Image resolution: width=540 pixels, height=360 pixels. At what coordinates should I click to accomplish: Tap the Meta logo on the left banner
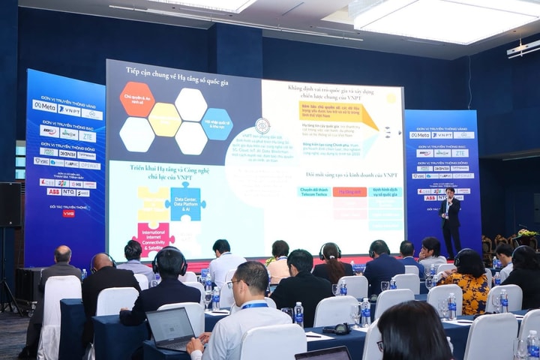[44, 106]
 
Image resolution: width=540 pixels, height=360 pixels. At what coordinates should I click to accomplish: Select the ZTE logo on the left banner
[88, 136]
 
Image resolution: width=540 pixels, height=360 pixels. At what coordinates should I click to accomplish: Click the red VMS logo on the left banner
[68, 214]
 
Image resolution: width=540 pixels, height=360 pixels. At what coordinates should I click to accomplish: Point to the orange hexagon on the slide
[137, 99]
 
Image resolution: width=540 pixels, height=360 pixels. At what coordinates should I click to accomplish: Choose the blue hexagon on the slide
[217, 124]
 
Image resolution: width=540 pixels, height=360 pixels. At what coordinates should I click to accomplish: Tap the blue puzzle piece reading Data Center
[187, 201]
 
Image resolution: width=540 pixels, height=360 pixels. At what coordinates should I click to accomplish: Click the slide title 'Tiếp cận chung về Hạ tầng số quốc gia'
[180, 71]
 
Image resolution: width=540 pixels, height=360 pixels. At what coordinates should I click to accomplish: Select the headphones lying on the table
[337, 328]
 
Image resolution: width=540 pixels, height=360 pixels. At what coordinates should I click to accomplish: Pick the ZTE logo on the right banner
[459, 153]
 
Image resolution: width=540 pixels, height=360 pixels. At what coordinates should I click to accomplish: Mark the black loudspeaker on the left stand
[10, 205]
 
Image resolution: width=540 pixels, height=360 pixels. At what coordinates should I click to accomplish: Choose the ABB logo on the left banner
[53, 192]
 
